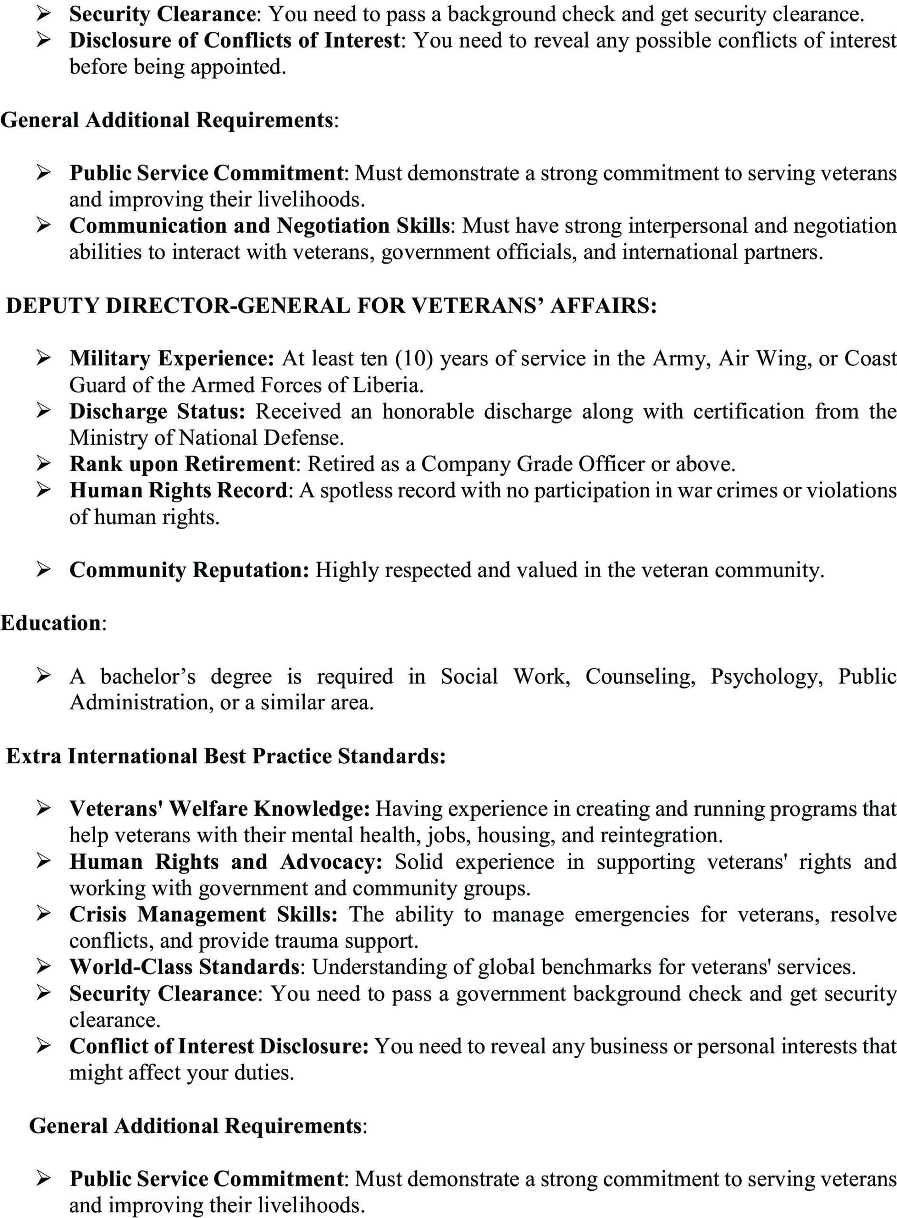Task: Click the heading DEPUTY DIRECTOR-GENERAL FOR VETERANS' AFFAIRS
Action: tap(331, 306)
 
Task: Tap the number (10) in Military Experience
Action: tap(414, 359)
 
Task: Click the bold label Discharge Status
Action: tap(157, 412)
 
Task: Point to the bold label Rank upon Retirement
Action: tap(182, 464)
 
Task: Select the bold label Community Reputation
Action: tap(188, 570)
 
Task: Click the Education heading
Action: tap(50, 623)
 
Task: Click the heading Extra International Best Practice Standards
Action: tap(226, 756)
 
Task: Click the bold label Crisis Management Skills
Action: tap(203, 914)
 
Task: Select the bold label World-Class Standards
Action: tap(184, 967)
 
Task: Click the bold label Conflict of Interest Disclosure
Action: tap(219, 1046)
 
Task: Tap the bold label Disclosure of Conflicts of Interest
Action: tap(234, 41)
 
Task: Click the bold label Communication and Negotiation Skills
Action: tap(260, 226)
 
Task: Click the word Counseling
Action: tap(640, 677)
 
